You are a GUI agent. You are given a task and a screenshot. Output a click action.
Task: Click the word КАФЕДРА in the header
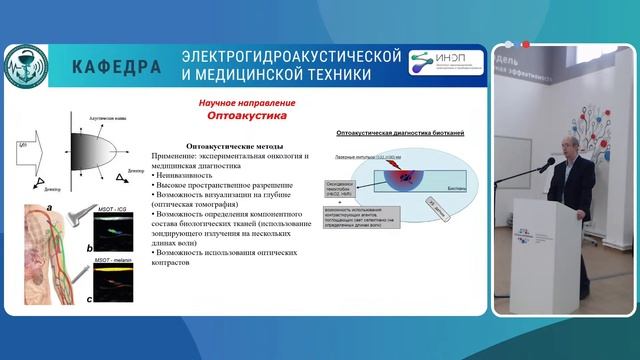[x=117, y=67]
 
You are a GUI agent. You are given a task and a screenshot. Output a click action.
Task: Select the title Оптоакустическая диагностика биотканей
[x=391, y=132]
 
